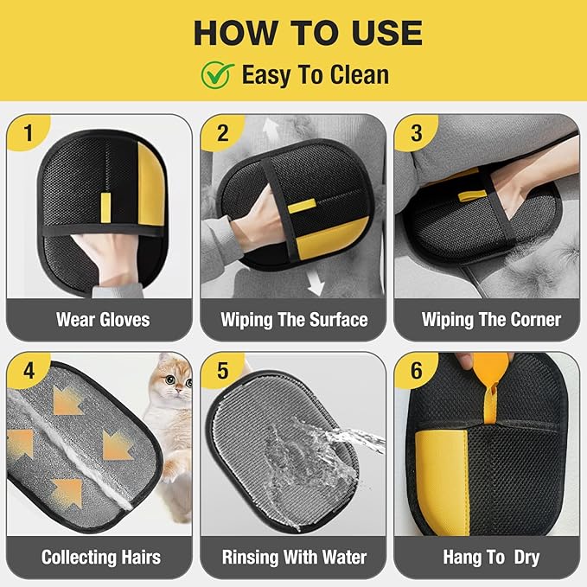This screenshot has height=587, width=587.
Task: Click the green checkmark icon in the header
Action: (219, 74)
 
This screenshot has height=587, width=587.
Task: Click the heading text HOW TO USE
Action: (308, 32)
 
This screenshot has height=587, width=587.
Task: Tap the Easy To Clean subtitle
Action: (315, 75)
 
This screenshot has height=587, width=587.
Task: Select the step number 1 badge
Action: (28, 135)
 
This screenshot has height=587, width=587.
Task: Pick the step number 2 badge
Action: (222, 135)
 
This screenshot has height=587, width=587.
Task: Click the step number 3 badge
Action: (417, 135)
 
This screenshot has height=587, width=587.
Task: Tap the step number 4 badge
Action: (29, 373)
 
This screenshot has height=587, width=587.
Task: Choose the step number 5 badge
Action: (222, 373)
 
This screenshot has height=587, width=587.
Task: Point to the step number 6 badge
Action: (417, 373)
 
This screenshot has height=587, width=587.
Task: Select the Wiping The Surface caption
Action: (294, 320)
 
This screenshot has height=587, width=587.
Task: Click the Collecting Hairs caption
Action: (101, 557)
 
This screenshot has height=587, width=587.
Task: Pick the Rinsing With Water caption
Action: (294, 557)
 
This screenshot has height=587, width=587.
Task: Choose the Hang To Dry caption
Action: (488, 557)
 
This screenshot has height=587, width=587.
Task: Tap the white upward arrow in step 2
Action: (271, 132)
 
